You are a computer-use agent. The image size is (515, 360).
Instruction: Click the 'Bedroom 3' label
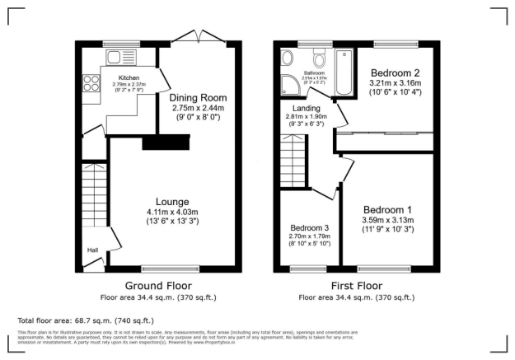309,228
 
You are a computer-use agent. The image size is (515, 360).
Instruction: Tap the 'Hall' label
93,250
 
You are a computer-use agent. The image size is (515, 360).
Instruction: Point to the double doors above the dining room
198,37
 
